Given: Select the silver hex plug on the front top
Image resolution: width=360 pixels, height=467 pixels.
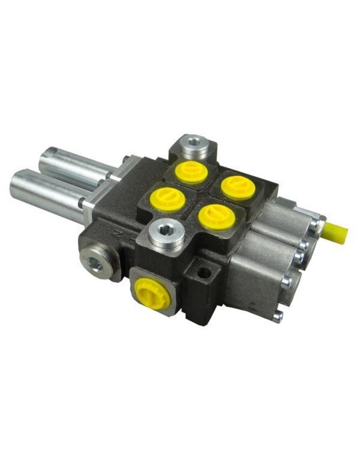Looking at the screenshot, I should [165, 233].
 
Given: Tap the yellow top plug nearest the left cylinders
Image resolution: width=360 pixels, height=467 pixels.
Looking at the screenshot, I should [162, 197].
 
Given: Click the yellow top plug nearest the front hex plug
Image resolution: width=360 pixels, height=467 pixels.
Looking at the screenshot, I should [213, 215].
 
